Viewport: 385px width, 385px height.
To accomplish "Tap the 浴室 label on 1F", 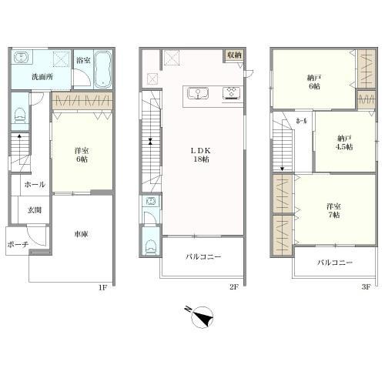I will point(84,59).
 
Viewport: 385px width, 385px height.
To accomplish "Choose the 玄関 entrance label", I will point(35,209).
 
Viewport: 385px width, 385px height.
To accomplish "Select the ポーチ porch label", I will point(18,244).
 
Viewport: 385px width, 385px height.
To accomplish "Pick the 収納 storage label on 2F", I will point(234,55).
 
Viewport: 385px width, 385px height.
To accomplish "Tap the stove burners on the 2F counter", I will point(231,94).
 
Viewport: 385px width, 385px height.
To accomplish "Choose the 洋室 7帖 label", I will point(333,210).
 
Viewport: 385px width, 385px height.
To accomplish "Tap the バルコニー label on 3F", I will point(335,263).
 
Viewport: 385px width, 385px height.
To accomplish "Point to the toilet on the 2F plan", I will point(150,246).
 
